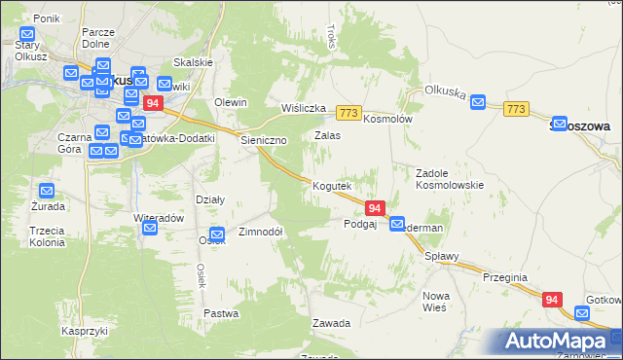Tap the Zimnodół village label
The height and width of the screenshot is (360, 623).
coord(260,234)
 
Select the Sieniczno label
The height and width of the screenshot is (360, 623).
coord(264,141)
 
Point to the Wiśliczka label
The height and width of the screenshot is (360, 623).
coord(302,108)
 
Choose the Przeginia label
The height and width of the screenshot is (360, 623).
coord(504,277)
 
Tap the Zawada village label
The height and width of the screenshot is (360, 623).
coord(331,322)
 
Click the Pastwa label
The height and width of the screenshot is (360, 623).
coord(221,313)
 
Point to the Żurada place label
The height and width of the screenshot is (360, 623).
coord(46,207)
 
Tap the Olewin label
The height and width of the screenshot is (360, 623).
coord(231,103)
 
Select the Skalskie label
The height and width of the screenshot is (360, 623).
coord(193,62)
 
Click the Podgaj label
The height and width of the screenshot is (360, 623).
coord(360,224)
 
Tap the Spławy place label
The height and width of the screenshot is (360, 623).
coord(441,257)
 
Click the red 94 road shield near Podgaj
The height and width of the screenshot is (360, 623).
coord(376,208)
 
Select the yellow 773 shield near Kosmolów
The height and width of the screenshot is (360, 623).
coord(348,113)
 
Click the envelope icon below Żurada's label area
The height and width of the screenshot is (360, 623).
coord(46,191)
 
